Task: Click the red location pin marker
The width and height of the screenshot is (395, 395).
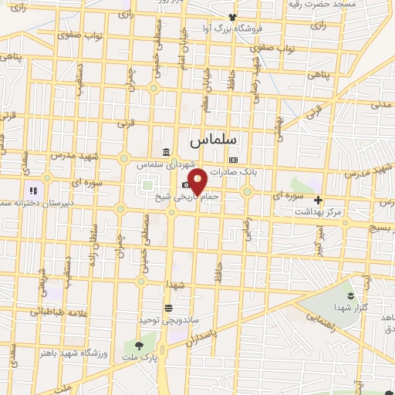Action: click(x=198, y=181)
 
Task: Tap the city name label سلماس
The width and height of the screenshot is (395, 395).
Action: click(x=214, y=141)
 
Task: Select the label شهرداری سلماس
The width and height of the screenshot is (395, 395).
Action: click(x=162, y=164)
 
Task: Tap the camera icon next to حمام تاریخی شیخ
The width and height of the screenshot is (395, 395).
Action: click(x=186, y=184)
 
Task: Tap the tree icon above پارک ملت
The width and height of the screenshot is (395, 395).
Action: click(x=140, y=346)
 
